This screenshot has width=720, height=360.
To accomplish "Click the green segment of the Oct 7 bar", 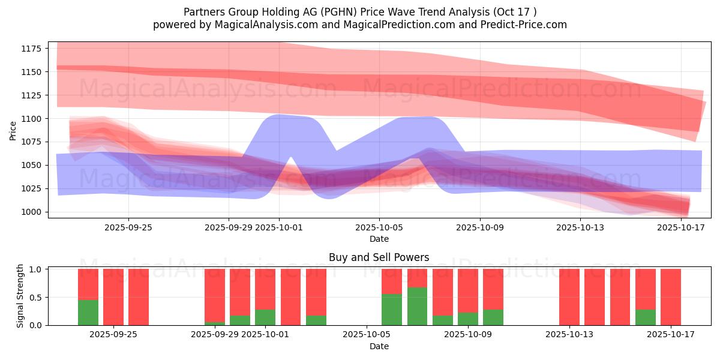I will (x=418, y=306).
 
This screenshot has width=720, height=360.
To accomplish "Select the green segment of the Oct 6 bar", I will (x=392, y=310).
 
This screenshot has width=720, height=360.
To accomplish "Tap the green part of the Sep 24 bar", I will (x=88, y=312).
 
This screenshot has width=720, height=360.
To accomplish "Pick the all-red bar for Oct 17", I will (x=671, y=297).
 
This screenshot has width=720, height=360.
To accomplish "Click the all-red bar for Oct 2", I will (x=290, y=297).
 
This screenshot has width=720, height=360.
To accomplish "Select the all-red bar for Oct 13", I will (x=569, y=297).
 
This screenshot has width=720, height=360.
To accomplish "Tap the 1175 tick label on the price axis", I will (x=32, y=49).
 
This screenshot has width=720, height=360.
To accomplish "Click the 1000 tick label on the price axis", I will (x=32, y=212).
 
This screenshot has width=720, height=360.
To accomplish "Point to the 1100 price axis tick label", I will (x=32, y=119).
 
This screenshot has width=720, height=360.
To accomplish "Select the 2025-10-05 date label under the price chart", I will (x=379, y=227).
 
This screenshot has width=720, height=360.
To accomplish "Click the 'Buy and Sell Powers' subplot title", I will (x=379, y=257).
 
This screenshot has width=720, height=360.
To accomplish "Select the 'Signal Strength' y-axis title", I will (x=20, y=296).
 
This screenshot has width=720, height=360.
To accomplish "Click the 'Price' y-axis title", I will (x=13, y=130).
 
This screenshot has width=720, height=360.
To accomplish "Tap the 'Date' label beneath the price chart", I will (x=379, y=239).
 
